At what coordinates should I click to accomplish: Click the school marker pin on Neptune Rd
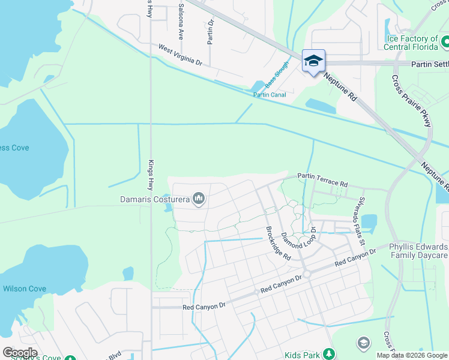(x=313, y=61)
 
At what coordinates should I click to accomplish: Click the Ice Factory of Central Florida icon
(x=445, y=43)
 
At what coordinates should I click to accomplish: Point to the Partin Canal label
(x=269, y=95)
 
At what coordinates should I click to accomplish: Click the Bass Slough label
(x=277, y=75)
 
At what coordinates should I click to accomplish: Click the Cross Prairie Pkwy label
(x=412, y=101)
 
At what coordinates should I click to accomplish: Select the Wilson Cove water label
(x=24, y=289)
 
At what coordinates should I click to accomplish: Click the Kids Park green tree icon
(x=328, y=353)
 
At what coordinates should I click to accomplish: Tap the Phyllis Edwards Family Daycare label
(x=418, y=251)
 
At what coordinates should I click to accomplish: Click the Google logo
(x=20, y=353)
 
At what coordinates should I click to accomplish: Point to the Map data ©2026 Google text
(x=411, y=355)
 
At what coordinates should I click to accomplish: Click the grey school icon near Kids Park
(x=363, y=343)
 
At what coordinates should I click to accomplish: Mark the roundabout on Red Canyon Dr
(x=306, y=274)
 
